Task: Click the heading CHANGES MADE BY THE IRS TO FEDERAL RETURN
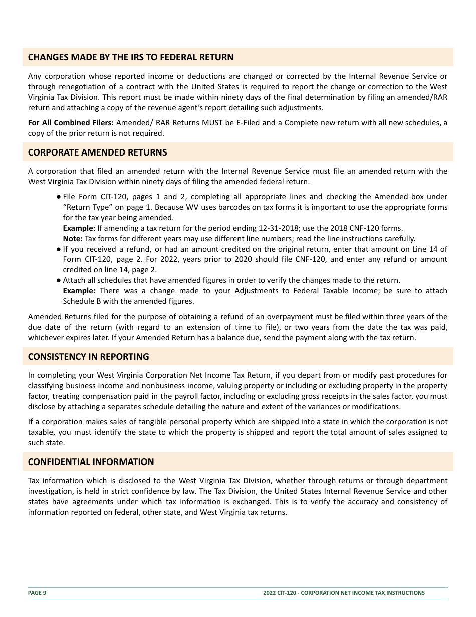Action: click(x=130, y=57)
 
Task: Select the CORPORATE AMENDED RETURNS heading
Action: click(x=97, y=152)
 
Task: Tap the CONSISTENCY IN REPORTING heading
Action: click(x=88, y=357)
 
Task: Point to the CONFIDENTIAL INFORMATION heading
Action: click(x=91, y=462)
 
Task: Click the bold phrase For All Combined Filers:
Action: click(x=71, y=123)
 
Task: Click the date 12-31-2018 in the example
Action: click(x=260, y=228)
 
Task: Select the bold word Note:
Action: click(x=73, y=239)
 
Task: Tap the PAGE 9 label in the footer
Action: click(x=37, y=593)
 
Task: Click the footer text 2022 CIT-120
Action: click(x=281, y=593)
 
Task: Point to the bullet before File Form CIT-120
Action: click(x=59, y=197)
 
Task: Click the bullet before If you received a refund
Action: click(x=59, y=249)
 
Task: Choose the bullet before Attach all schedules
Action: click(x=59, y=280)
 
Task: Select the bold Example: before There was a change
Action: click(x=79, y=291)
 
